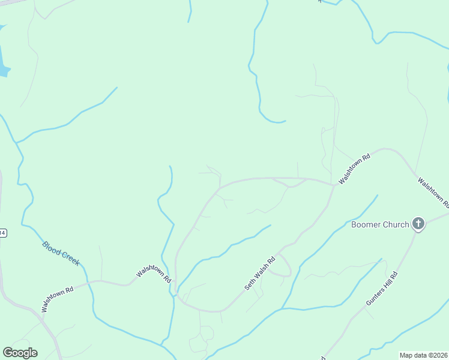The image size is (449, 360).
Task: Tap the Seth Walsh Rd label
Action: click(x=259, y=273)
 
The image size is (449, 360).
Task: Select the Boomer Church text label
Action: click(x=380, y=225)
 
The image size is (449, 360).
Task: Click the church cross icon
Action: click(x=418, y=225)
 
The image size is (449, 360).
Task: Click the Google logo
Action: click(x=20, y=353)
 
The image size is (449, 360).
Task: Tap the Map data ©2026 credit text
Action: click(x=423, y=355)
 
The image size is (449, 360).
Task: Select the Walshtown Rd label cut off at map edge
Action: click(x=433, y=191)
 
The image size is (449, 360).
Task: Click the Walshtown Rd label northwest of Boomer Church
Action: click(x=354, y=168)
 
